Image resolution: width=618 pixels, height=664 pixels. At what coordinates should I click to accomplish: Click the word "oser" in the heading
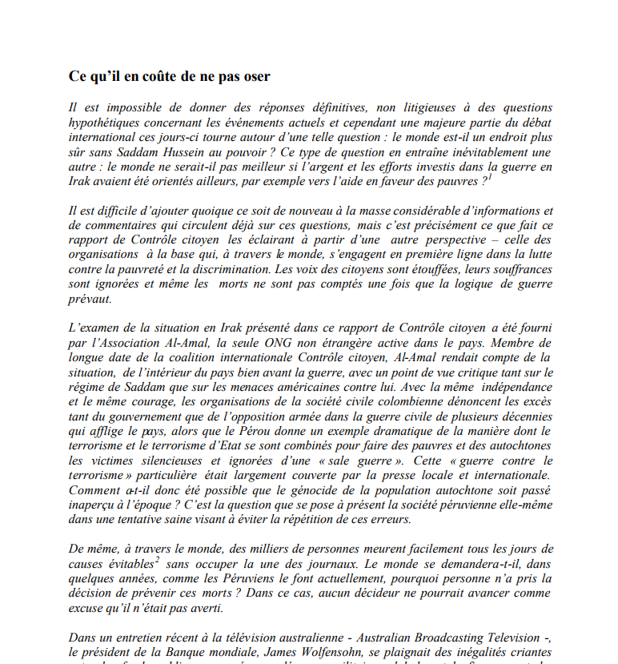255,77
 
